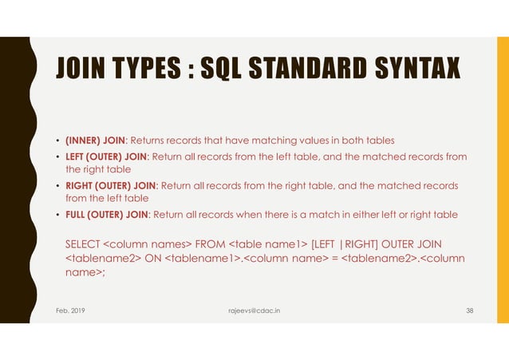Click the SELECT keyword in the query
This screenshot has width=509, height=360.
[x=83, y=243]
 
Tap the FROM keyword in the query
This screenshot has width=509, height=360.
[x=211, y=243]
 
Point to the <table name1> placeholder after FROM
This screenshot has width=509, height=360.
[x=267, y=243]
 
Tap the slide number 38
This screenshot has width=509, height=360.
[x=469, y=310]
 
